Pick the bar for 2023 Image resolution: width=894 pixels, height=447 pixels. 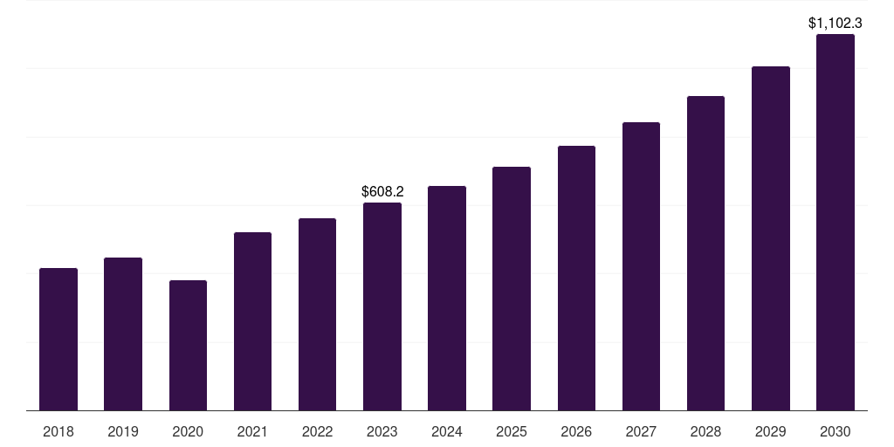(x=382, y=306)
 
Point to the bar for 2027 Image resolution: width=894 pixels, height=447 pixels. (x=641, y=266)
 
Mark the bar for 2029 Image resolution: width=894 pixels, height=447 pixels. (x=771, y=238)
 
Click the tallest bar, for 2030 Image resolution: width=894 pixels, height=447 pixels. (x=836, y=222)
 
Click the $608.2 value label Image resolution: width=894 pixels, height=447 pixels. (x=382, y=191)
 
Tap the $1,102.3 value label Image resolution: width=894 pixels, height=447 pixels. (x=836, y=24)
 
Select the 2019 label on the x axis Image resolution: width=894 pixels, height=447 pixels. (x=123, y=431)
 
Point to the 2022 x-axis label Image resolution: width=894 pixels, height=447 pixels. (x=317, y=431)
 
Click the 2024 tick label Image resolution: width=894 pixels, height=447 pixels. (x=447, y=431)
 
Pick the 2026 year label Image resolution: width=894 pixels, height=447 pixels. (x=576, y=431)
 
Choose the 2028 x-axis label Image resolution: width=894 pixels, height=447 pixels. (x=705, y=431)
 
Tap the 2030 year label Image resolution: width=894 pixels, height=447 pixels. (x=836, y=431)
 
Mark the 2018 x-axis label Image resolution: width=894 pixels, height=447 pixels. (x=58, y=431)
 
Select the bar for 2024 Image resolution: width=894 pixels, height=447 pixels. (x=447, y=298)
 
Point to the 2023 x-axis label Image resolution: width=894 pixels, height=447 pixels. (x=382, y=431)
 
